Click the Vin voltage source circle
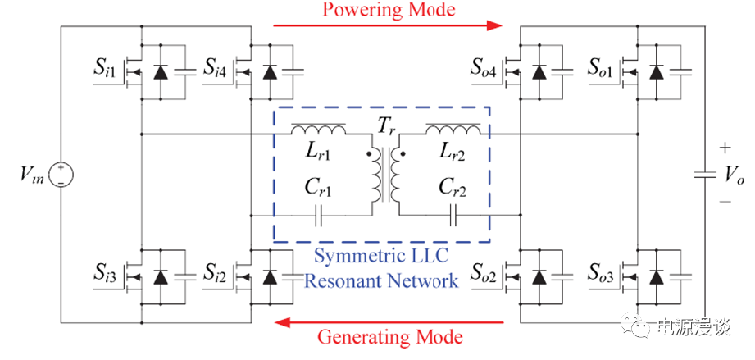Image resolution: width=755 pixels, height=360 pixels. [62, 175]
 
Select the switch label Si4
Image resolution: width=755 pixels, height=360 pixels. [218, 67]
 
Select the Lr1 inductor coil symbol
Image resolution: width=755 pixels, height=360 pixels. [319, 129]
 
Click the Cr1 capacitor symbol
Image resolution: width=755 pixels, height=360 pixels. [319, 216]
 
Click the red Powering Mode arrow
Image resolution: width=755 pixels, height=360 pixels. [386, 25]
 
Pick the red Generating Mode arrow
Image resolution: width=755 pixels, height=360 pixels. [386, 320]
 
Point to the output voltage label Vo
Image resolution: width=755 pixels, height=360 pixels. [733, 175]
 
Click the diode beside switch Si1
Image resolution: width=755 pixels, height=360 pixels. [161, 72]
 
